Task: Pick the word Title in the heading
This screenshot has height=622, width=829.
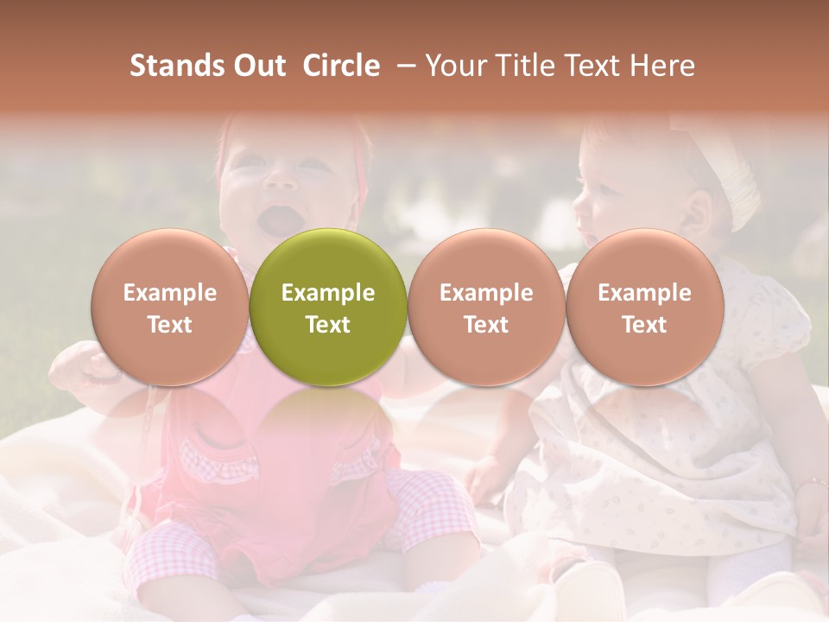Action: pyautogui.click(x=523, y=66)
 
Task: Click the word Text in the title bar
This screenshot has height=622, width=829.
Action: pyautogui.click(x=593, y=66)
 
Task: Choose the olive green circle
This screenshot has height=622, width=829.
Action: pyautogui.click(x=328, y=307)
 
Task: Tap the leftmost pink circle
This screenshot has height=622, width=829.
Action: pyautogui.click(x=169, y=307)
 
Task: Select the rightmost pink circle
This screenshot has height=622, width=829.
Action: pyautogui.click(x=644, y=307)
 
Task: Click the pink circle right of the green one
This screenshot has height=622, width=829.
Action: pyautogui.click(x=486, y=307)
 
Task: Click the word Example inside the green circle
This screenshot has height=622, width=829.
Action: pyautogui.click(x=328, y=293)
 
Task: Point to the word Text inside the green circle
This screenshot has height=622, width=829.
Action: pyautogui.click(x=328, y=325)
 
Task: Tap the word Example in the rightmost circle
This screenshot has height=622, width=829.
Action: pyautogui.click(x=644, y=293)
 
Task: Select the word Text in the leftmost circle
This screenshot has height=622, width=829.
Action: pyautogui.click(x=169, y=325)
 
